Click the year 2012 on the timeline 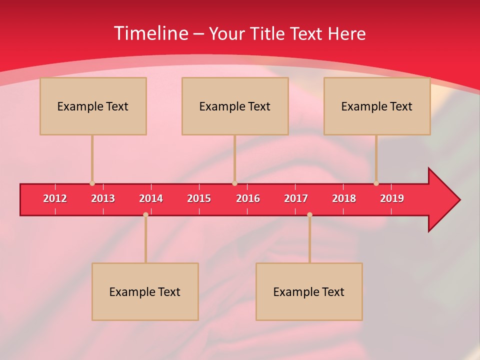click(x=55, y=198)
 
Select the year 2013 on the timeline click(x=103, y=198)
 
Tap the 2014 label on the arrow click(x=151, y=198)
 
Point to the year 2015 click(x=199, y=198)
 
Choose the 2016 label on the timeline click(x=248, y=198)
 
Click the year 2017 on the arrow click(x=296, y=198)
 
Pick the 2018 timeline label click(x=344, y=198)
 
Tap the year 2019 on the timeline click(x=392, y=198)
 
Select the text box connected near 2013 click(x=93, y=106)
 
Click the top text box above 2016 click(x=235, y=106)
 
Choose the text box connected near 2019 click(x=377, y=106)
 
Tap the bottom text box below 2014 click(x=145, y=291)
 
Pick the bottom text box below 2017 click(x=309, y=291)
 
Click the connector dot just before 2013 click(x=92, y=183)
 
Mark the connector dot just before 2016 click(x=234, y=183)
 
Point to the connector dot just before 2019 click(x=376, y=183)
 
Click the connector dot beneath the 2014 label click(x=145, y=214)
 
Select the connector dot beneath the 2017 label click(x=309, y=214)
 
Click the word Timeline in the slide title click(x=150, y=33)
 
